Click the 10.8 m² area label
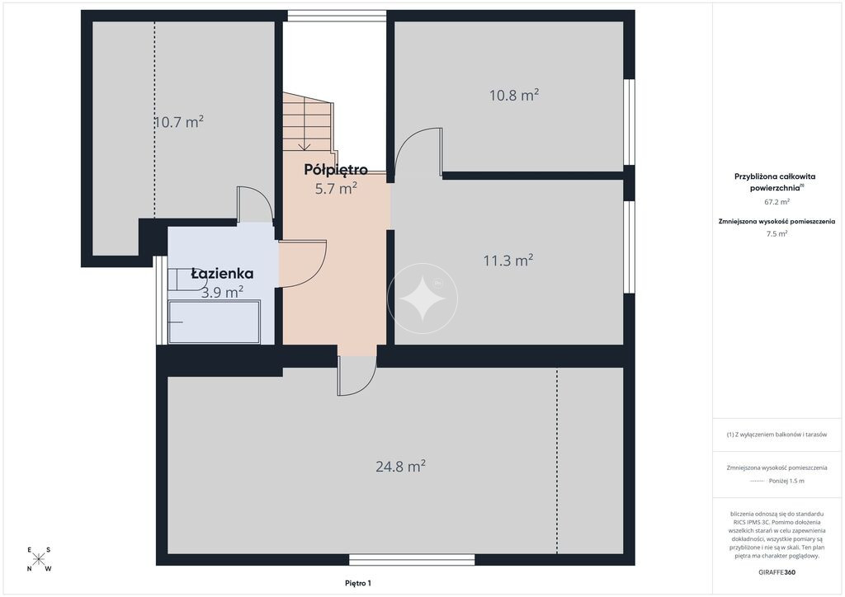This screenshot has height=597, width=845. coord(514,96)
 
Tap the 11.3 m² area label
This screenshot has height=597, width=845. coord(508,261)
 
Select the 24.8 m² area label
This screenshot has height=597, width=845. coord(400,466)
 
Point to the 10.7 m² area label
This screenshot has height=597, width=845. coord(178,122)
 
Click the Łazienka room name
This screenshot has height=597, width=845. coord(222,274)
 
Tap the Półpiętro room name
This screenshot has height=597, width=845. coord(336,170)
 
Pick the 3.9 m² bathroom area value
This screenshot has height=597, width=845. coord(222,292)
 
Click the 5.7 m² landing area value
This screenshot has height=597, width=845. coord(336,188)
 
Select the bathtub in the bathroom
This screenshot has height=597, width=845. coord(215,322)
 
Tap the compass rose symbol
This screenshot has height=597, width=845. coord(38,559)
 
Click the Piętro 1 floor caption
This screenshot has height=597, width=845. coord(358,583)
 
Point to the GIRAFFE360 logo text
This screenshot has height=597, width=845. coord(777,572)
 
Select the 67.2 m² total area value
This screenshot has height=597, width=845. coord(777,202)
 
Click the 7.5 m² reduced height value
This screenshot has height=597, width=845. coord(777,233)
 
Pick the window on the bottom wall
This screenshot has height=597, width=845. coord(412,560)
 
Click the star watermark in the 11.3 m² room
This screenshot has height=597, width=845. coord(422,298)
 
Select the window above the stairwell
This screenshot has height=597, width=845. coord(337,16)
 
